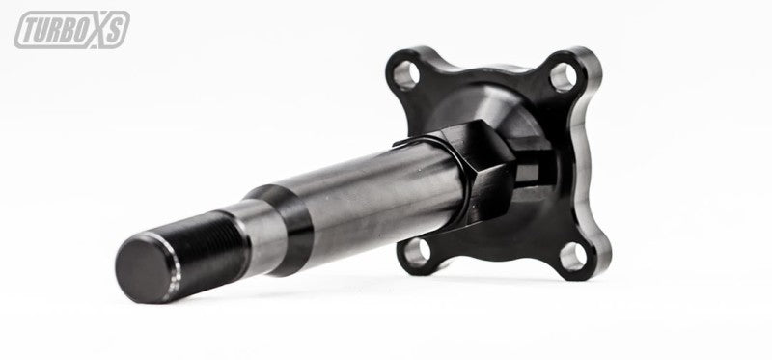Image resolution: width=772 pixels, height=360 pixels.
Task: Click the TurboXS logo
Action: [70, 30]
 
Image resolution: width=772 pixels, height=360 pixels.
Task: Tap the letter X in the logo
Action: [100, 30]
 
